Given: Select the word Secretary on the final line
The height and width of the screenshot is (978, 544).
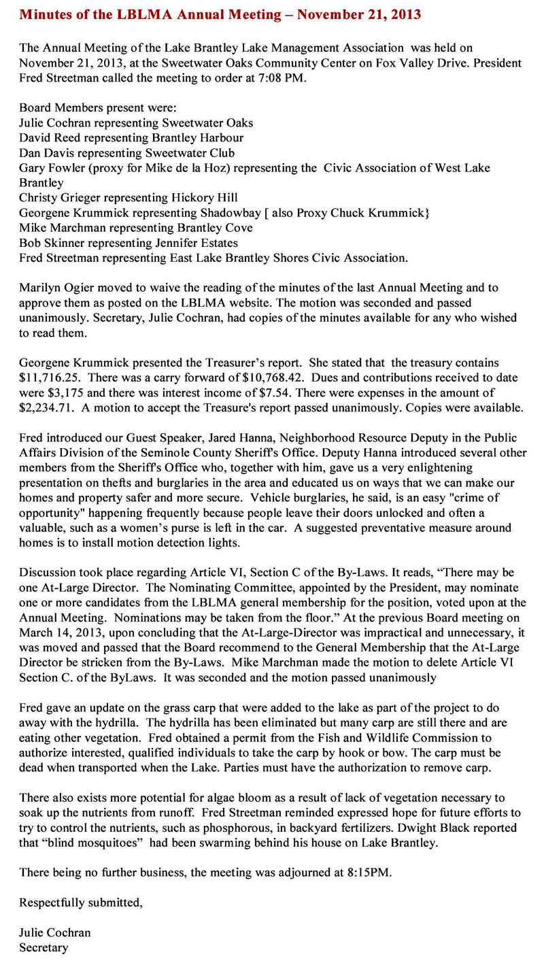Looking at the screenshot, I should pyautogui.click(x=44, y=947).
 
